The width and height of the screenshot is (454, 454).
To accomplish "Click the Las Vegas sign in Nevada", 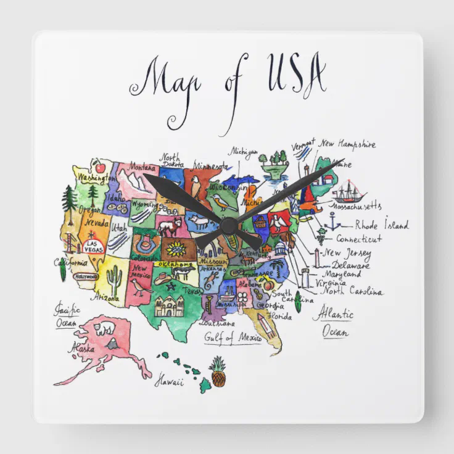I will tap(94, 247).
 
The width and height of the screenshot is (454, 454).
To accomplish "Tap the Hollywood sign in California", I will tap(86, 277).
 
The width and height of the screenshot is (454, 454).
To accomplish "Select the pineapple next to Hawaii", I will tap(218, 372).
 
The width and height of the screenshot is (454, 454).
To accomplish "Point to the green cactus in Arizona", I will tap(114, 281).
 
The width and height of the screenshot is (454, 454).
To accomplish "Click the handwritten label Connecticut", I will tap(359, 239).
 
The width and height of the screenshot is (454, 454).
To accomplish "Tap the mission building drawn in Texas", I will tap(168, 305).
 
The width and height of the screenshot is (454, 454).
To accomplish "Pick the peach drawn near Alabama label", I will tap(268, 284).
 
